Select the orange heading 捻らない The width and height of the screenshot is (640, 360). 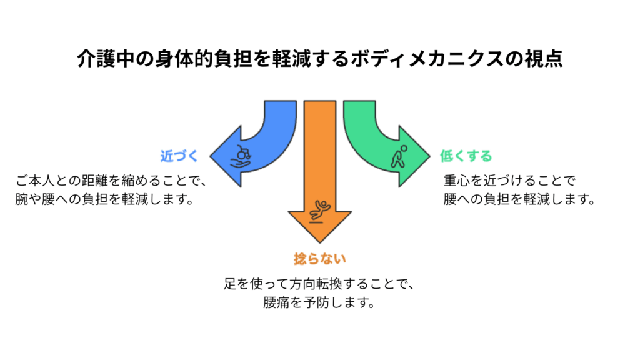click(319, 258)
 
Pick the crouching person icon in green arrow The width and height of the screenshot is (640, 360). click(398, 156)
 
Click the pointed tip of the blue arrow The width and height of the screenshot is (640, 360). click(211, 156)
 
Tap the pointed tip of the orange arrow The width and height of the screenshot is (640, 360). click(320, 242)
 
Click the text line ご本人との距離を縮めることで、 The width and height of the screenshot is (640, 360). click(111, 182)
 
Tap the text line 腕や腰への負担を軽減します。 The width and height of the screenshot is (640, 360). click(104, 200)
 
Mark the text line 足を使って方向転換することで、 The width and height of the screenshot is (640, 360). click(319, 284)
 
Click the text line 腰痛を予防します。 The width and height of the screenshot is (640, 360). click(319, 302)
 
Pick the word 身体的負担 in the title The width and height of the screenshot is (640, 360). click(195, 59)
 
